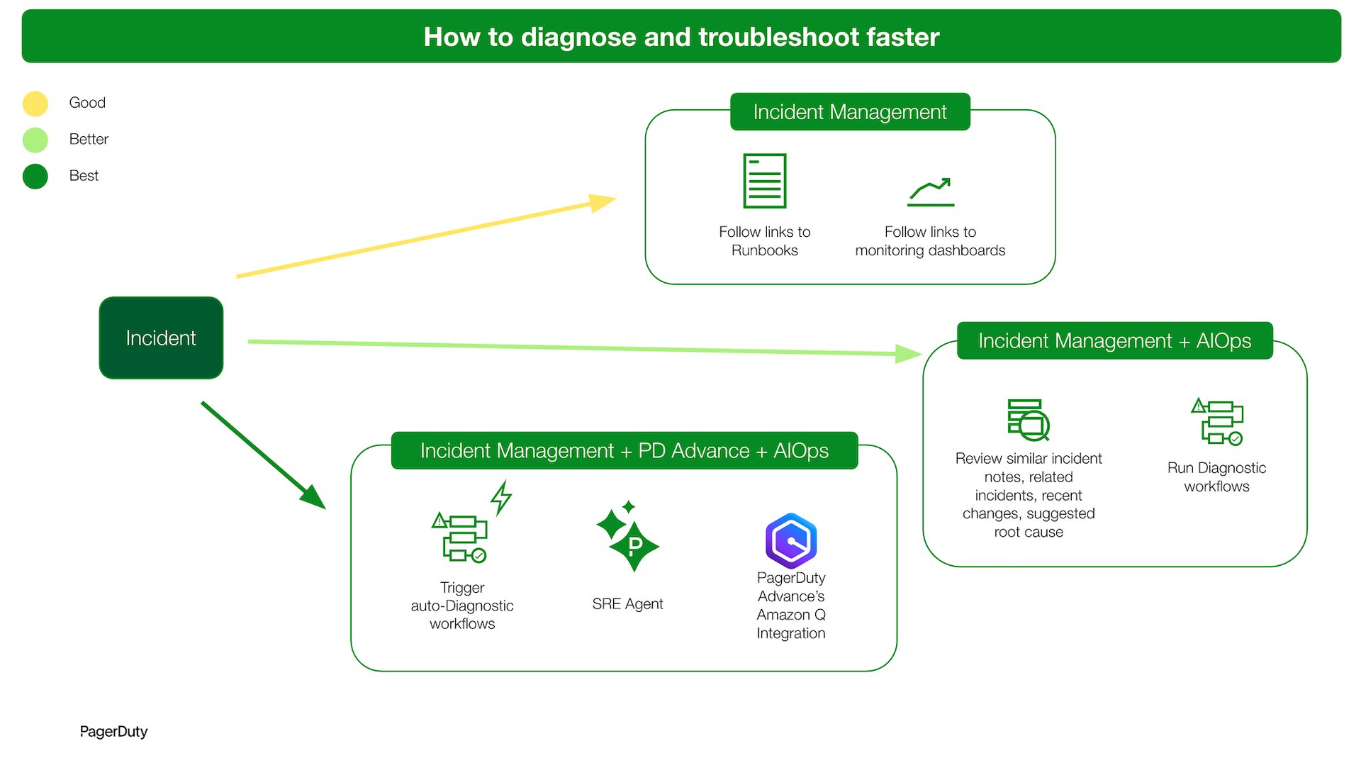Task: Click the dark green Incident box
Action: [x=161, y=338]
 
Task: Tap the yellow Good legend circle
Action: [x=35, y=104]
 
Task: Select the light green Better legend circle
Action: [x=35, y=140]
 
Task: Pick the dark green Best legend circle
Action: [x=35, y=176]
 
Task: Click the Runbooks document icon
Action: [x=764, y=181]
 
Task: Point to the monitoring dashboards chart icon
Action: [x=930, y=192]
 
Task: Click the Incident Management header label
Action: [x=849, y=112]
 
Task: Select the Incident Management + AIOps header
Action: [x=1114, y=341]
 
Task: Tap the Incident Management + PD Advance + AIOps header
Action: [x=624, y=451]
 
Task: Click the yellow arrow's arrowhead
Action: [x=603, y=202]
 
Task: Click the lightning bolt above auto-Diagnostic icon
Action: [x=501, y=497]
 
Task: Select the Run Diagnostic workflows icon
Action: [x=1217, y=422]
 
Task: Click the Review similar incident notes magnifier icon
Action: [x=1029, y=420]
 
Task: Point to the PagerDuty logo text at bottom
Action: [x=113, y=732]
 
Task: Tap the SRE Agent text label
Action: [x=627, y=604]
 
